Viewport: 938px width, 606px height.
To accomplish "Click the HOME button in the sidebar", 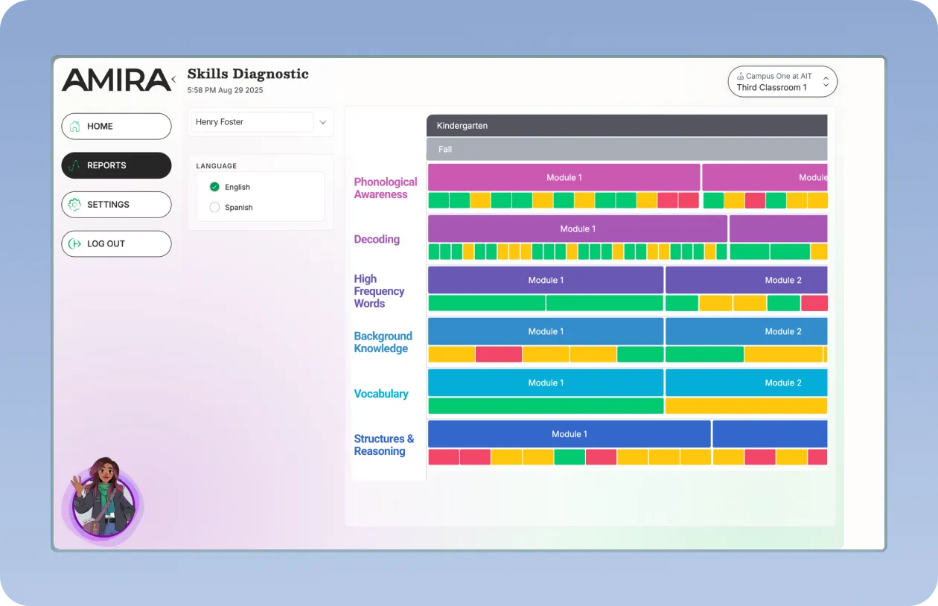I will pos(116,127).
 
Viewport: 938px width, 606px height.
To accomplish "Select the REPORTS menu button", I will pos(116,165).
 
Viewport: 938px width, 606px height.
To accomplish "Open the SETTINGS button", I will pos(116,205).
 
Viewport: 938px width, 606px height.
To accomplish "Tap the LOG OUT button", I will pos(116,243).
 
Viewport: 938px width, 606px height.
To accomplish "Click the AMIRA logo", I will pos(116,80).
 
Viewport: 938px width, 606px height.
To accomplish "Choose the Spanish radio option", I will pos(215,208).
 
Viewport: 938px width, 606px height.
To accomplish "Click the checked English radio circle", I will pos(215,187).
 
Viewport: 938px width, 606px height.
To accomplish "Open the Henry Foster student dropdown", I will pos(261,122).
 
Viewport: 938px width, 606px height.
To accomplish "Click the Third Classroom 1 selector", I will pos(782,82).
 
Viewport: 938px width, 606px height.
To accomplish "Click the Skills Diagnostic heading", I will pos(248,74).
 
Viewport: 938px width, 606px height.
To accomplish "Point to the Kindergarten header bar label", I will pos(462,126).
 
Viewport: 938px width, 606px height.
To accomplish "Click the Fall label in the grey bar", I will pos(445,149).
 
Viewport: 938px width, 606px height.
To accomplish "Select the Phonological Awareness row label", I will pos(385,188).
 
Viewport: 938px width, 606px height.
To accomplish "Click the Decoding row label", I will pos(377,239).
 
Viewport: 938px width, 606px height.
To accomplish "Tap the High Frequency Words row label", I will pos(379,291).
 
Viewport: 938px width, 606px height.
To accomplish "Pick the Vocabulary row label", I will pos(381,394).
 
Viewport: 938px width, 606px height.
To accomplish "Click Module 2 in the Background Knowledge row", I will pos(783,331).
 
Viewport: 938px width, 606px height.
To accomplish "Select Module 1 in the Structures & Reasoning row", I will pos(569,434).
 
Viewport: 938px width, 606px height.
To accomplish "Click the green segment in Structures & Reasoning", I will pos(569,457).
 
